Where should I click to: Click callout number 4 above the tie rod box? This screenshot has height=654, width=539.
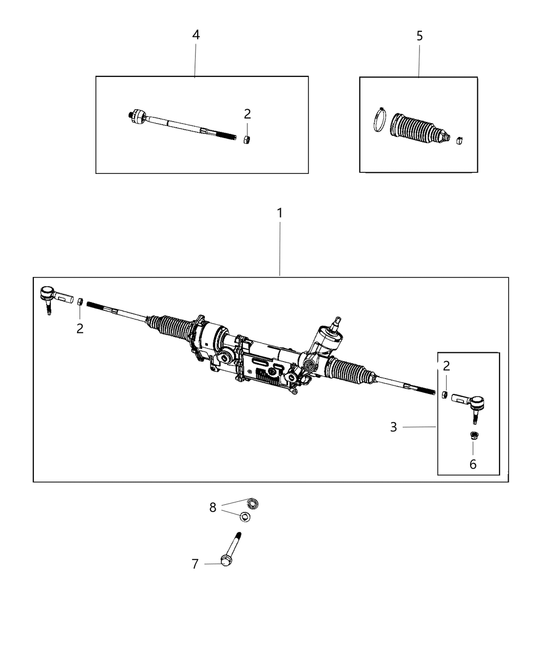point(196,35)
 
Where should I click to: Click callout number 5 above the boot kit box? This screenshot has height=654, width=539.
point(419,36)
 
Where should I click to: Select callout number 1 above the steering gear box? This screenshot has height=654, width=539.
point(280,213)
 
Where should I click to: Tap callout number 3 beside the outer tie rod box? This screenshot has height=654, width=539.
point(393,427)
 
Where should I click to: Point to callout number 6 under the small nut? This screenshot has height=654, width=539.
point(473,464)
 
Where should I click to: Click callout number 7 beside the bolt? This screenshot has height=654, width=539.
point(195,564)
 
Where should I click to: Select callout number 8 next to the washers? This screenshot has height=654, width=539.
point(213,507)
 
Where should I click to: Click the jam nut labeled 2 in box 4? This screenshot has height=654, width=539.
point(247,140)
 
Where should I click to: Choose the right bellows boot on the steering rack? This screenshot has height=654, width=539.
point(349,370)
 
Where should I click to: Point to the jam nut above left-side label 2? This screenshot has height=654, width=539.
point(80,301)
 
